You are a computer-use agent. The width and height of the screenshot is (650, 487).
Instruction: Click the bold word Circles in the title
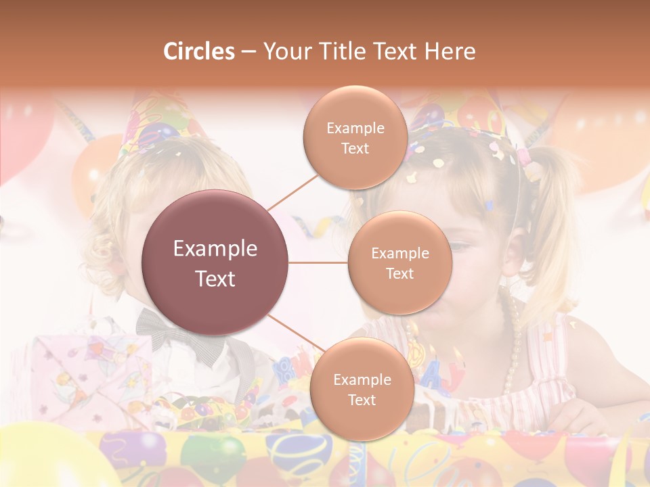click(x=198, y=51)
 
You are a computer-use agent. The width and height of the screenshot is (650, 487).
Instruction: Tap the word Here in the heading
click(x=450, y=51)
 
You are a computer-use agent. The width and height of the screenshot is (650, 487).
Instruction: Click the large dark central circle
click(x=215, y=262)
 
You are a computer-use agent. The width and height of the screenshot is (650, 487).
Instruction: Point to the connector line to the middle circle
click(x=318, y=262)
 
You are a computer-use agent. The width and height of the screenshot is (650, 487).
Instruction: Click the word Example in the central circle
click(x=215, y=249)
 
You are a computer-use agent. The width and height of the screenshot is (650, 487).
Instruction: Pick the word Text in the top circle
click(x=355, y=148)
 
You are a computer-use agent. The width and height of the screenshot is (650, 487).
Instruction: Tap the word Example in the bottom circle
click(x=362, y=379)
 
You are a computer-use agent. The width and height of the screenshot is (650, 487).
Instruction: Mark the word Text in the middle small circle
click(x=400, y=273)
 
